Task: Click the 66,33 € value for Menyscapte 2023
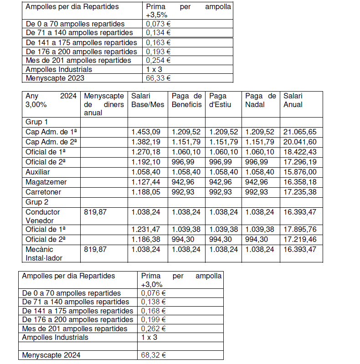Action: click(158, 78)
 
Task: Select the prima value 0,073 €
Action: click(158, 24)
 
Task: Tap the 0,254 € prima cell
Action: click(158, 60)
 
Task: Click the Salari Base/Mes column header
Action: click(147, 100)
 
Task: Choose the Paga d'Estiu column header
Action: click(221, 100)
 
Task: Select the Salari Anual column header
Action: click(293, 100)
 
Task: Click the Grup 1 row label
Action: click(36, 122)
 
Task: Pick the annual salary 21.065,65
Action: click(300, 132)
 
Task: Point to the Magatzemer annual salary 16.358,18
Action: click(300, 182)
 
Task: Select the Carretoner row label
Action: click(43, 192)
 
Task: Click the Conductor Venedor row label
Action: click(42, 216)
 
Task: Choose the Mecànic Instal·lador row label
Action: click(44, 253)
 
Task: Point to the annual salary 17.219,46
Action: click(300, 239)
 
